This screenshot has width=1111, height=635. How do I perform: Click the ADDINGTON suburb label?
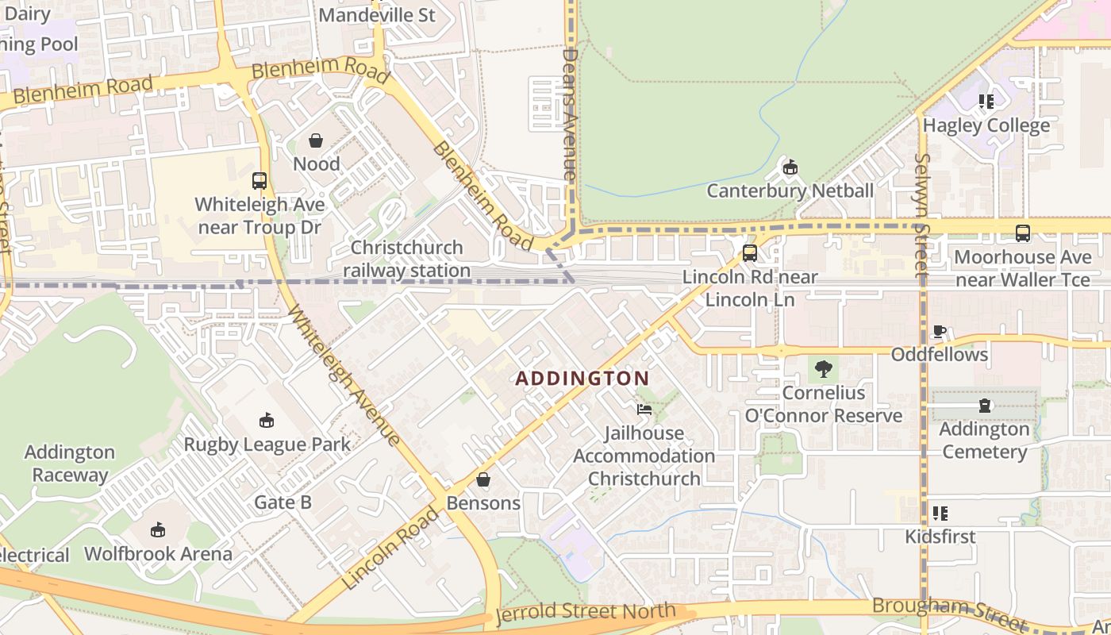pos(582,379)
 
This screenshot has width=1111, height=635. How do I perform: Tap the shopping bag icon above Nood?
pos(316,141)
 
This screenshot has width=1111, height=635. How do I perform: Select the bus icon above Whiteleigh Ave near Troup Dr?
pos(259,181)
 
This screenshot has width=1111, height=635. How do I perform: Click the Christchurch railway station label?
pos(407,259)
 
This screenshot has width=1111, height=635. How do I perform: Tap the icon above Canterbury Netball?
pos(790,167)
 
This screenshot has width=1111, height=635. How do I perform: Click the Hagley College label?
pos(986,125)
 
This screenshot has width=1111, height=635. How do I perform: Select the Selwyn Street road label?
pos(921,214)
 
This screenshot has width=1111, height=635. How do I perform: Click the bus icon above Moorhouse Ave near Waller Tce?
pos(1022,233)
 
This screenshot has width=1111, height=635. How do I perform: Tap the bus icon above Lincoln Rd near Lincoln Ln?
pos(749,254)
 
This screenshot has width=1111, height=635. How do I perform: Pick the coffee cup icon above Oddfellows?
pos(940,331)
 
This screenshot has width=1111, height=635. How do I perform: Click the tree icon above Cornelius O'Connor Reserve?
pos(824,368)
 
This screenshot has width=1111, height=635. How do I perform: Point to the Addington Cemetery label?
pos(984,441)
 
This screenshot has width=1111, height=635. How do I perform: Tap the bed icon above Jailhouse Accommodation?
pos(644,410)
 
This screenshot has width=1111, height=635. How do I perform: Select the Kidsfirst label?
pos(940,537)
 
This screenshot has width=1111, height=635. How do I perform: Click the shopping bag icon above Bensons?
pos(482,479)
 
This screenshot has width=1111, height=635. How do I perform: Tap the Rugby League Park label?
pos(267,444)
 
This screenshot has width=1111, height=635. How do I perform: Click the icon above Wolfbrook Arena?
pos(158,530)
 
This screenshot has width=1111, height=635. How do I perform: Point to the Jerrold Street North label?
pos(585,613)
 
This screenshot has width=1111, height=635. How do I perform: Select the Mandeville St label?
pos(377,15)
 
